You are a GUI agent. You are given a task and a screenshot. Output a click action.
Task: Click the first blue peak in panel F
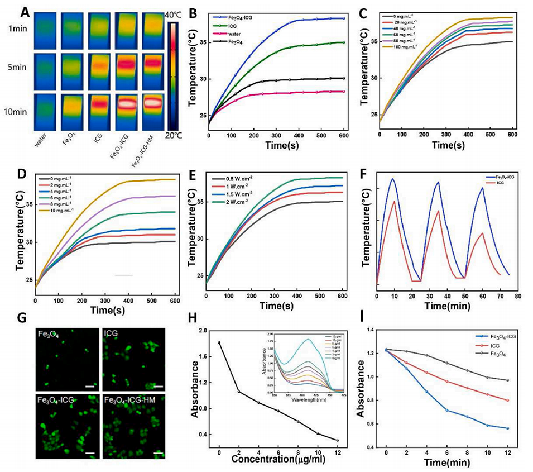pyautogui.click(x=393, y=179)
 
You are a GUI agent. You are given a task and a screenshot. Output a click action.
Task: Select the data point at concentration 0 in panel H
pyautogui.click(x=219, y=342)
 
